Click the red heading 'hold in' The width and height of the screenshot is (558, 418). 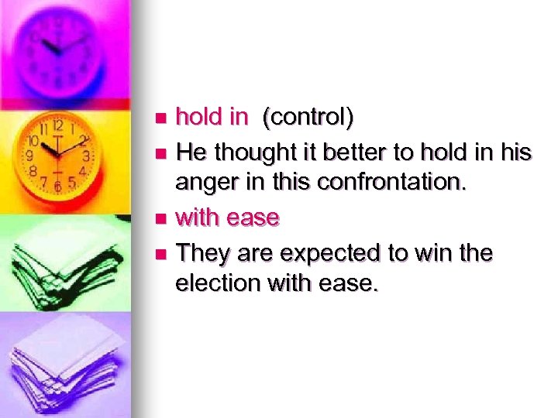click(212, 117)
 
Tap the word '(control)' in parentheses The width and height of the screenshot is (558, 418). click(308, 118)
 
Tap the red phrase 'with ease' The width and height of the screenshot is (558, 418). click(227, 218)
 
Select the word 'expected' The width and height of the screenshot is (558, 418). click(323, 253)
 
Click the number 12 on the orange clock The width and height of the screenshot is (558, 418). click(57, 125)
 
